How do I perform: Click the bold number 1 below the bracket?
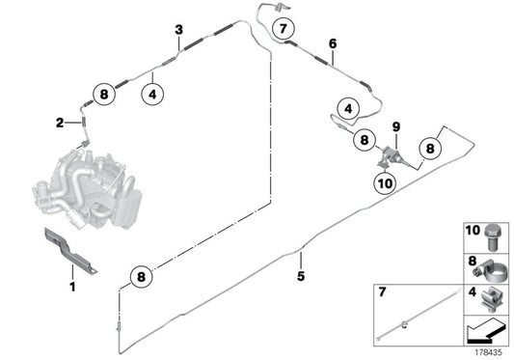pyautogui.click(x=72, y=287)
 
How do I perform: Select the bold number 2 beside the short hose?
pyautogui.click(x=60, y=123)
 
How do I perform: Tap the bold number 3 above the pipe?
pyautogui.click(x=179, y=30)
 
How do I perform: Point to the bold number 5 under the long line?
pyautogui.click(x=301, y=276)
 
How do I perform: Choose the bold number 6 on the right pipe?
pyautogui.click(x=333, y=43)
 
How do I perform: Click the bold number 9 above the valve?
pyautogui.click(x=396, y=126)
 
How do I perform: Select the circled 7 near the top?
pyautogui.click(x=284, y=29)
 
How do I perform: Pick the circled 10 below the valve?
pyautogui.click(x=385, y=183)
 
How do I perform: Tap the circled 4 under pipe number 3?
pyautogui.click(x=152, y=95)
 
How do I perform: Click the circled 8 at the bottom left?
pyautogui.click(x=141, y=276)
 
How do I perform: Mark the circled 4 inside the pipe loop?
pyautogui.click(x=348, y=108)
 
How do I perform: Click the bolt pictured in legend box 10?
pyautogui.click(x=491, y=237)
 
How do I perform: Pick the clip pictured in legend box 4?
pyautogui.click(x=491, y=299)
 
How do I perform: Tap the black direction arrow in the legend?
pyautogui.click(x=484, y=331)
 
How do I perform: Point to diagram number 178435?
pyautogui.click(x=488, y=352)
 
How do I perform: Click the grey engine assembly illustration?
pyautogui.click(x=87, y=188)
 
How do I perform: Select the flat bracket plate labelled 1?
pyautogui.click(x=70, y=250)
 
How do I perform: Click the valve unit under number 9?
pyautogui.click(x=392, y=157)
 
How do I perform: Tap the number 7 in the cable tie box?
pyautogui.click(x=382, y=291)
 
